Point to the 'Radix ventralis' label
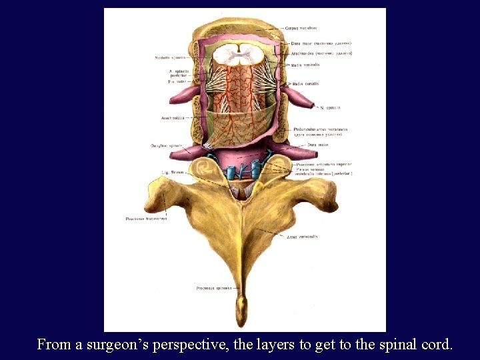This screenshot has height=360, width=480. tap(305, 65)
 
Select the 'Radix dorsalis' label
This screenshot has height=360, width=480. tap(304, 84)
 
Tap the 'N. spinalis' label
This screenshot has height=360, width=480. tap(330, 107)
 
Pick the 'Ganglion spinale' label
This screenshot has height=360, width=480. tap(165, 145)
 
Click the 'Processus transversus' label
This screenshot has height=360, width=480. tap(146, 219)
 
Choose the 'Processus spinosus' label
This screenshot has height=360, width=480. tap(213, 289)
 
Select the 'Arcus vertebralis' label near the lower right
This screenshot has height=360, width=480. tap(301, 236)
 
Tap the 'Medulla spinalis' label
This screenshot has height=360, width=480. tap(170, 58)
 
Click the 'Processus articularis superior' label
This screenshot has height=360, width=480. tap(324, 164)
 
